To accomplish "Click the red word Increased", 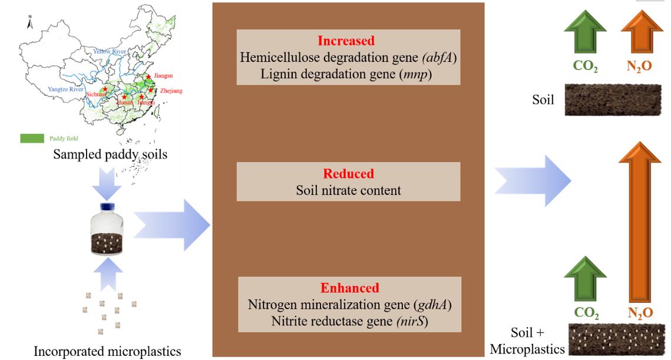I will pyautogui.click(x=346, y=41).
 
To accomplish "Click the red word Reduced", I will pyautogui.click(x=348, y=174).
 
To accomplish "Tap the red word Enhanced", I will pyautogui.click(x=349, y=288).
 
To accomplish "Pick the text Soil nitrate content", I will pyautogui.click(x=348, y=190).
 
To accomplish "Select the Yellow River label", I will pyautogui.click(x=110, y=52).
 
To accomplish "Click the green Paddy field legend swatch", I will pyautogui.click(x=32, y=138).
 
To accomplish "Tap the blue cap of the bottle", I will pyautogui.click(x=107, y=206).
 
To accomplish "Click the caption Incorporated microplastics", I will pyautogui.click(x=107, y=352).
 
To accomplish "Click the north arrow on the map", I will pyautogui.click(x=29, y=23).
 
